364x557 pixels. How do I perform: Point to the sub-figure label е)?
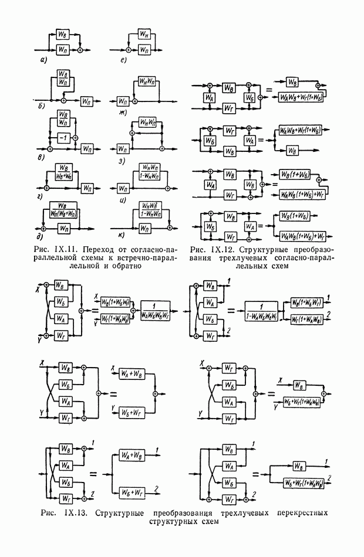[x=121, y=60]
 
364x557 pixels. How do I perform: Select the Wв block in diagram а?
[x=63, y=34]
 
